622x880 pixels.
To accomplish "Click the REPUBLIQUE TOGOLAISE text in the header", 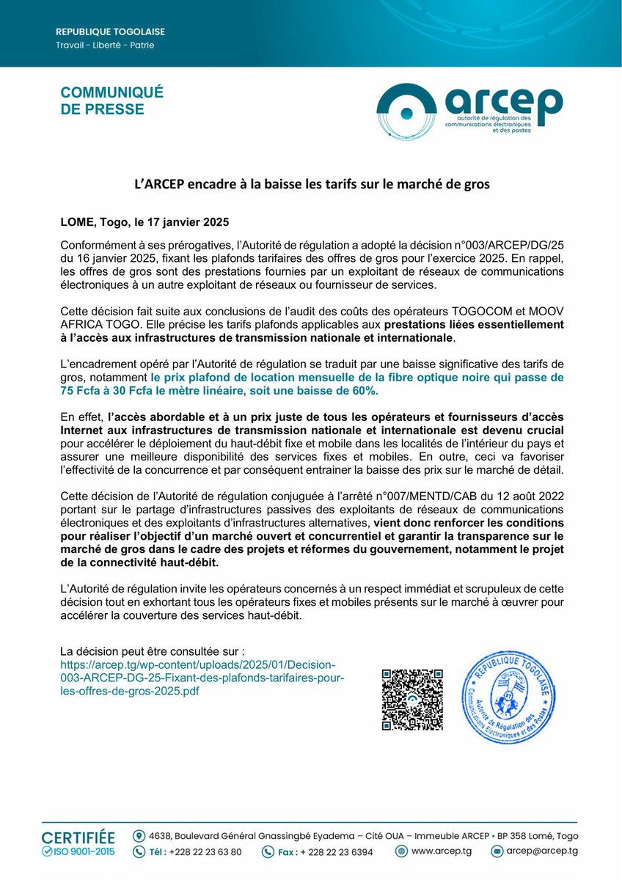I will [111, 32].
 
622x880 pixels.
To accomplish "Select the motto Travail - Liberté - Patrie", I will [105, 45].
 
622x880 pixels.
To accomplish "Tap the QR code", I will [412, 699].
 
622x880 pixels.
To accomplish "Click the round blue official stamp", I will [505, 697].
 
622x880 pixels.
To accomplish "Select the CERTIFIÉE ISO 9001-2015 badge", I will [78, 843].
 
